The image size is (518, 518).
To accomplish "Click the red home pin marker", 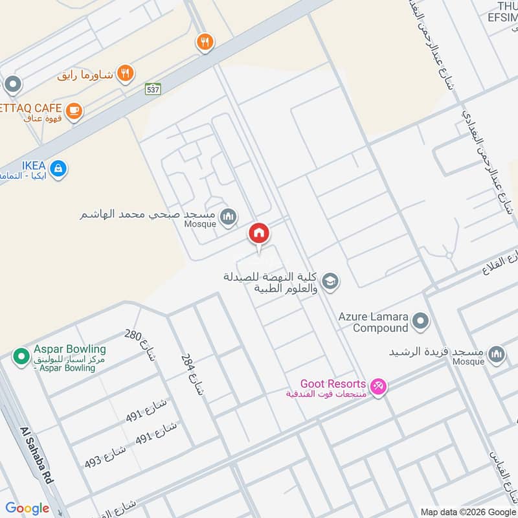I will pyautogui.click(x=258, y=233).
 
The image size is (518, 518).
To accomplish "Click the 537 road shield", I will pyautogui.click(x=153, y=90).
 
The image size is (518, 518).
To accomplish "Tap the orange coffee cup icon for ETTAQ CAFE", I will pyautogui.click(x=74, y=111).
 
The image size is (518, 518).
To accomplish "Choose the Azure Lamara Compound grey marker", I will pyautogui.click(x=421, y=321).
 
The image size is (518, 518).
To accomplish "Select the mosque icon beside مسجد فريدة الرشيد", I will pyautogui.click(x=497, y=354).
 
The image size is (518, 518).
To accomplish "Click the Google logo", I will pyautogui.click(x=27, y=508).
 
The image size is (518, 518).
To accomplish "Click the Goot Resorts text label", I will pyautogui.click(x=333, y=384).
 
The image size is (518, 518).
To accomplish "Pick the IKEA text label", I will pyautogui.click(x=33, y=166).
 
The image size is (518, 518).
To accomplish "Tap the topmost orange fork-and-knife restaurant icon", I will pyautogui.click(x=205, y=43).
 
